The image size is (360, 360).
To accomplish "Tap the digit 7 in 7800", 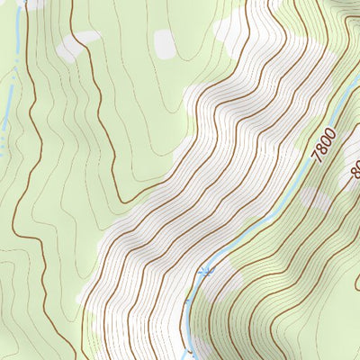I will pos(316,157).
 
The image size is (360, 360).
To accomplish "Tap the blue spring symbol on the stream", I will pos(208,269).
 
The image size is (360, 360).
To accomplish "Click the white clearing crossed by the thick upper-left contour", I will pos(76,45).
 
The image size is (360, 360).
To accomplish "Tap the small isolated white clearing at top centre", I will pos(165,42).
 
